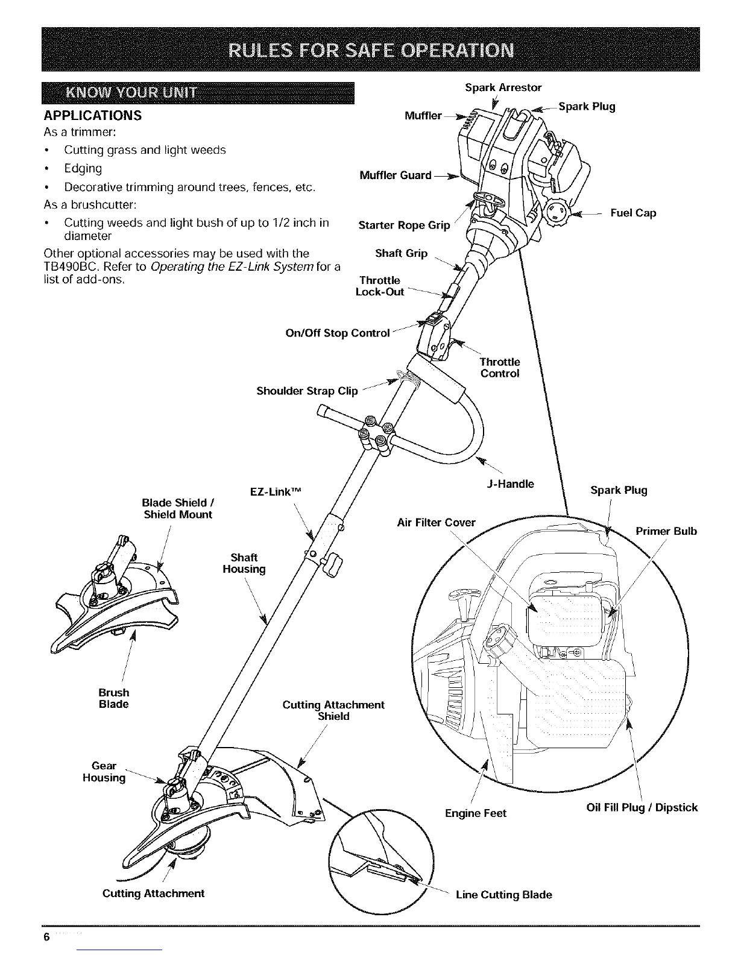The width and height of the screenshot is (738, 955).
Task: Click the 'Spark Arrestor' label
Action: [503, 88]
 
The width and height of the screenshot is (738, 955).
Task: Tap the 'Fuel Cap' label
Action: [633, 213]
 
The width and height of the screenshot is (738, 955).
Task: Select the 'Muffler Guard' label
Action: [395, 175]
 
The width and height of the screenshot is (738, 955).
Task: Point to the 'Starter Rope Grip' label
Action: [404, 225]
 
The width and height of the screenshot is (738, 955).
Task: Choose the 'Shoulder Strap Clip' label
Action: [307, 391]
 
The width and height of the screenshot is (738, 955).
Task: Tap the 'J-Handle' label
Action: [510, 484]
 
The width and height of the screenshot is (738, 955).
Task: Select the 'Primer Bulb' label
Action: [666, 531]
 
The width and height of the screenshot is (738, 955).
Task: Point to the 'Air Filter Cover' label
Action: [437, 522]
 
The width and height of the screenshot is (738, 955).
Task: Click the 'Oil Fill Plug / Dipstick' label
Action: [642, 807]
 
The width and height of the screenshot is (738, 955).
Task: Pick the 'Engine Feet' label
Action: [476, 813]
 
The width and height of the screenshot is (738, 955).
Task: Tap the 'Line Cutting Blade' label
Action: [504, 894]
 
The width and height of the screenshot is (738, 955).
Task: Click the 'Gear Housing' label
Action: [104, 772]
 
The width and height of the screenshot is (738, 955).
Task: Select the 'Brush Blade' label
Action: [114, 698]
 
